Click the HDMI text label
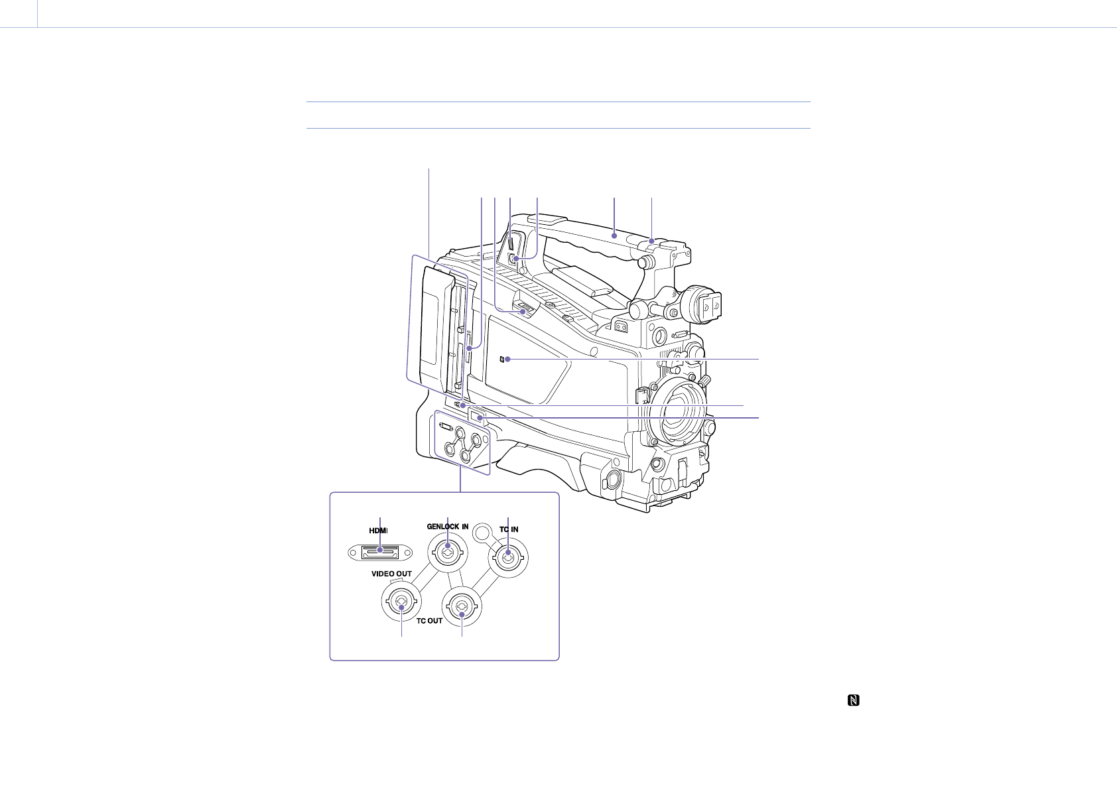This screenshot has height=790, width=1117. (378, 531)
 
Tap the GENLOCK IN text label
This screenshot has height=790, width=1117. (447, 526)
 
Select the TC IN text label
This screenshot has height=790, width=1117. (509, 529)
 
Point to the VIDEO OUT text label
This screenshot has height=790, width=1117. (391, 574)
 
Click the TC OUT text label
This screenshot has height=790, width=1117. (429, 621)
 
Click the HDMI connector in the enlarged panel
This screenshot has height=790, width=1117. (380, 553)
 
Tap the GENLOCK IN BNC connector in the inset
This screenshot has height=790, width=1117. (448, 552)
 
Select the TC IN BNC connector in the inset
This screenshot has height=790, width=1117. (508, 558)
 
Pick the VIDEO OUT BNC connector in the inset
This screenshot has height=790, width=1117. (401, 602)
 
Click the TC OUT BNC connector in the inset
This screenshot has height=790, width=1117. (462, 606)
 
